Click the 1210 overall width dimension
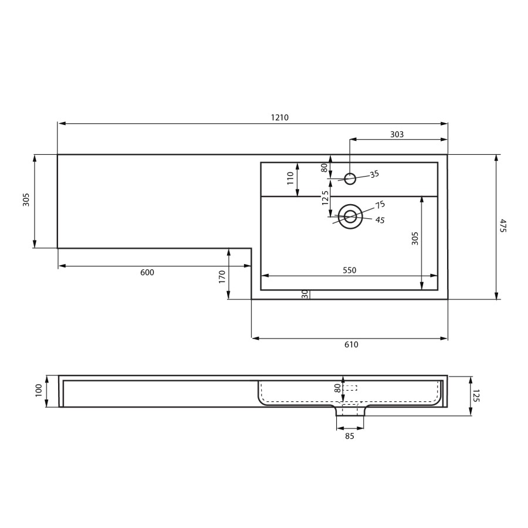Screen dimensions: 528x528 click(x=279, y=117)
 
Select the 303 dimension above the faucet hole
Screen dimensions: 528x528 click(x=397, y=134)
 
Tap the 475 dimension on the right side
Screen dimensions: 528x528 click(x=503, y=225)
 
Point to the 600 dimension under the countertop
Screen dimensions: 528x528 click(x=147, y=272)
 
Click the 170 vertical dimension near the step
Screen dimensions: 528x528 click(x=222, y=276)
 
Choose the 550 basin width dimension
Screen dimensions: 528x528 click(x=349, y=270)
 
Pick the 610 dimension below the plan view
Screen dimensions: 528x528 click(x=351, y=344)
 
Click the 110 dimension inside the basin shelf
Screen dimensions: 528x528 click(x=290, y=178)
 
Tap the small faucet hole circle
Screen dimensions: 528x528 click(x=350, y=179)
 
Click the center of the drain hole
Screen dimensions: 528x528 click(x=350, y=216)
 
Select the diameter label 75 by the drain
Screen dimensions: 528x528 click(x=380, y=205)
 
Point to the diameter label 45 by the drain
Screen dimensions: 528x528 click(x=380, y=220)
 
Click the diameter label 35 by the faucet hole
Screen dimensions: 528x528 click(x=374, y=174)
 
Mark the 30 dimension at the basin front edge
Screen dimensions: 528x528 click(x=305, y=294)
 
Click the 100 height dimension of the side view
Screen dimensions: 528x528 click(x=39, y=391)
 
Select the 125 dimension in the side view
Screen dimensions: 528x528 click(x=476, y=396)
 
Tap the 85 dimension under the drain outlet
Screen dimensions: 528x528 click(x=350, y=436)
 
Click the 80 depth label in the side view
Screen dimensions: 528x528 click(x=337, y=388)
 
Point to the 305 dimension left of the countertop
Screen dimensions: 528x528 click(x=26, y=200)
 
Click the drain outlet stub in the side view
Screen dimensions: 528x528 click(x=350, y=411)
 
